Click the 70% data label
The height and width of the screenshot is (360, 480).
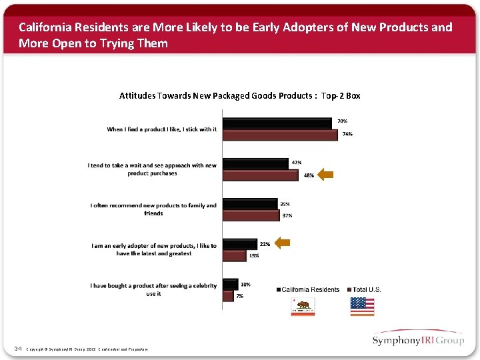pyautogui.click(x=341, y=121)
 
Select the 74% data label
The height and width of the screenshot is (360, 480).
pyautogui.click(x=347, y=134)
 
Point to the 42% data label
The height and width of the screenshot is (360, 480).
pyautogui.click(x=297, y=162)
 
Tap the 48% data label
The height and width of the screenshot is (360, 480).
pyautogui.click(x=309, y=175)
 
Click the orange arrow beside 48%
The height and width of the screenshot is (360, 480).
pyautogui.click(x=325, y=175)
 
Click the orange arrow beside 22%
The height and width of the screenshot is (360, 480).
pyautogui.click(x=283, y=243)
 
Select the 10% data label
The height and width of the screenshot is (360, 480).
pyautogui.click(x=245, y=285)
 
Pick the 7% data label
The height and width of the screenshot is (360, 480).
pyautogui.click(x=240, y=295)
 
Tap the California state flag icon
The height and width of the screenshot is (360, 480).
pyautogui.click(x=303, y=306)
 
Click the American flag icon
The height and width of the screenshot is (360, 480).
pyautogui.click(x=362, y=306)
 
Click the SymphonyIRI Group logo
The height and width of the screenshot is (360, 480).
pyautogui.click(x=418, y=340)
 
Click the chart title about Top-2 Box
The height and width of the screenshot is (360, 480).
pyautogui.click(x=239, y=95)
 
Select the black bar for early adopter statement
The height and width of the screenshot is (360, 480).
pyautogui.click(x=239, y=244)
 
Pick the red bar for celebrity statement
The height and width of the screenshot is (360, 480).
pyautogui.click(x=228, y=295)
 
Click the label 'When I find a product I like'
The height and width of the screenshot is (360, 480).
pyautogui.click(x=161, y=129)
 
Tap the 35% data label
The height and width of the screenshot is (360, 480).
pyautogui.click(x=285, y=204)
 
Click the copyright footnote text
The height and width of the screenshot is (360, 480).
pyautogui.click(x=87, y=349)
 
